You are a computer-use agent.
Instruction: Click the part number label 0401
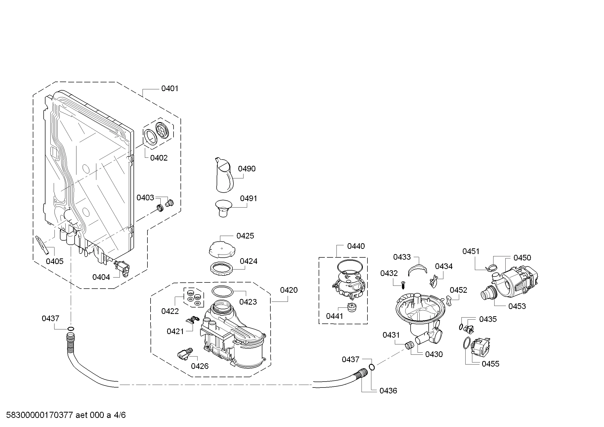coord(170,89)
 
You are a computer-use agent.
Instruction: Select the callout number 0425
coord(245,236)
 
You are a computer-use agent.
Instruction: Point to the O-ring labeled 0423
coord(223,291)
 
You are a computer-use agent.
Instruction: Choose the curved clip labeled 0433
coord(418,270)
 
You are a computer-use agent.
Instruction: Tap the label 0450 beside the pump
coord(522,258)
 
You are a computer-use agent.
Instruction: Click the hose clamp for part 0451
coord(491,268)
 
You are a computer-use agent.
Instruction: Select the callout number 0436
coord(388,391)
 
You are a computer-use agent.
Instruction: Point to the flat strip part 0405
coord(42,245)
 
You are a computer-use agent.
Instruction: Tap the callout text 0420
coord(289,290)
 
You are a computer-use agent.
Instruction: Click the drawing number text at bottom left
coord(66,415)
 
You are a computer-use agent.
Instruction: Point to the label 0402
coord(159,158)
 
